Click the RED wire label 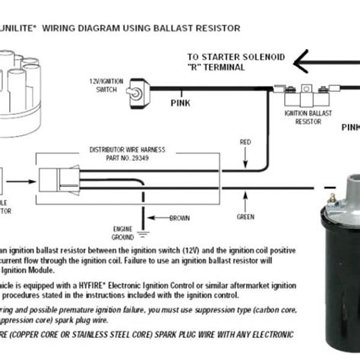pos(245,141)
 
